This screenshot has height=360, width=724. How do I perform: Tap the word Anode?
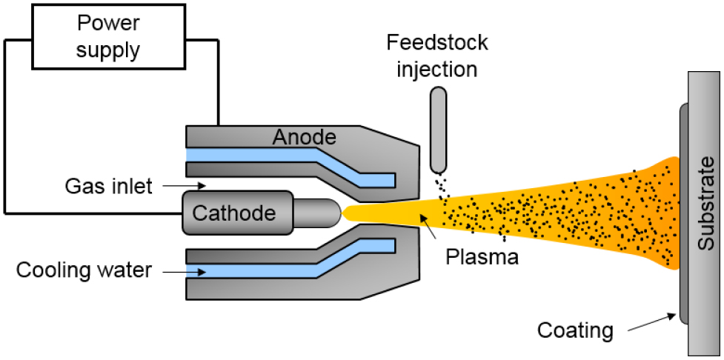[304, 137]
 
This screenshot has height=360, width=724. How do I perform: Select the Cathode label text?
[234, 213]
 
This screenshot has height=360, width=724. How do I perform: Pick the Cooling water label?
[84, 270]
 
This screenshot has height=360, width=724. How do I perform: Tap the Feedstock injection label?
[437, 56]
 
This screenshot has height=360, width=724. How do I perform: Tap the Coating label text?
[576, 329]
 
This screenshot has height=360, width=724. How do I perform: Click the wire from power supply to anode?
[218, 81]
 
